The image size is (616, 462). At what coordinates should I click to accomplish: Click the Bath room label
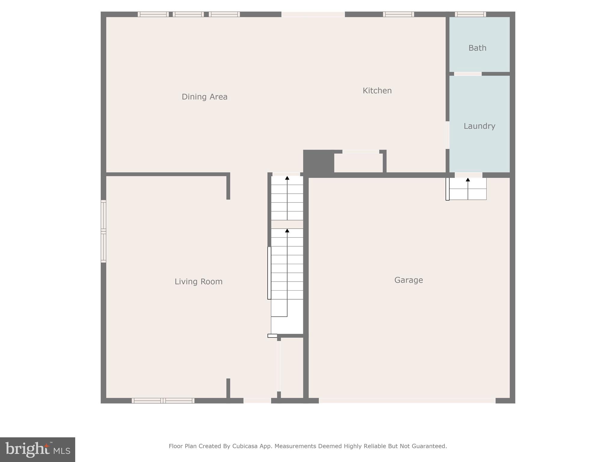477,48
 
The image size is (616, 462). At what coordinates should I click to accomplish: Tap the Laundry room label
479,126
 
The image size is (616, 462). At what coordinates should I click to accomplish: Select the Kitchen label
377,91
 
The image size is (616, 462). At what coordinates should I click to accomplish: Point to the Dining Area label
204,97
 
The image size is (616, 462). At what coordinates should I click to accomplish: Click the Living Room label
199,282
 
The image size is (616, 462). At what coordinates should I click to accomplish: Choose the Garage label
408,280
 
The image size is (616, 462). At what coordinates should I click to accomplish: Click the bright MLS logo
38,450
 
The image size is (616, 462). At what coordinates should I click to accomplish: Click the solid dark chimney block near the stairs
318,162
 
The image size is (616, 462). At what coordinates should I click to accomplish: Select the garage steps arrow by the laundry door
468,180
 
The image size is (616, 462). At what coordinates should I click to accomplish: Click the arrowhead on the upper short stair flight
287,178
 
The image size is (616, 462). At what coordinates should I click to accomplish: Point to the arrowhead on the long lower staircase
287,231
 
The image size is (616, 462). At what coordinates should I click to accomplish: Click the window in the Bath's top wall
470,14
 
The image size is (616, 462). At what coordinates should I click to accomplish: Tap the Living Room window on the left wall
103,231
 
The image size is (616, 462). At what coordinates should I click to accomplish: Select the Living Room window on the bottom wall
163,401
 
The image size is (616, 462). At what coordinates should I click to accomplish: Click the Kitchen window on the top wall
398,14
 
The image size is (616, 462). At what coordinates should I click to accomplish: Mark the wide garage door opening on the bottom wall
407,401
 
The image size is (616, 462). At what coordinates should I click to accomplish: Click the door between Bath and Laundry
467,74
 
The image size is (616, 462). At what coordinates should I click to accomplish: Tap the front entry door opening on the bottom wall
257,401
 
